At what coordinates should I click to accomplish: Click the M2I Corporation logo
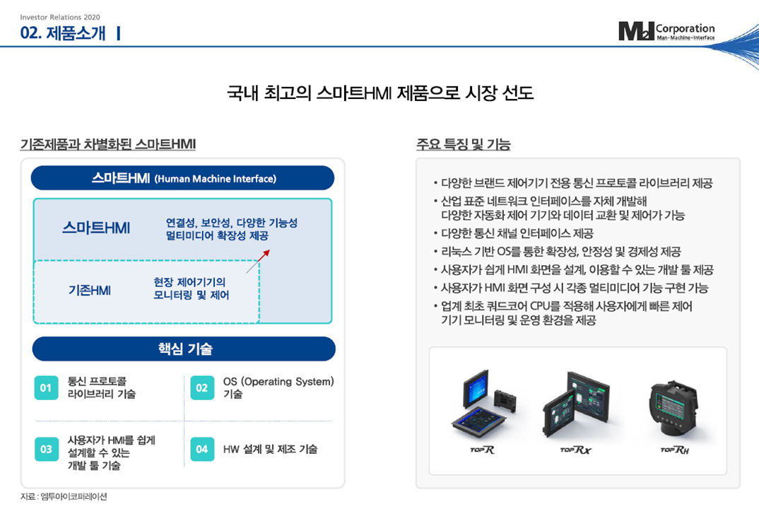(x=666, y=31)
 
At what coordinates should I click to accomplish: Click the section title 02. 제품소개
(x=63, y=33)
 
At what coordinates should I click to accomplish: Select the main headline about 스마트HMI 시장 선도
(x=379, y=93)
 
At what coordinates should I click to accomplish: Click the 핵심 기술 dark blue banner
(x=184, y=349)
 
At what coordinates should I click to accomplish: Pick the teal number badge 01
(x=46, y=388)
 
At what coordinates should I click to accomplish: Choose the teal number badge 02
(x=202, y=388)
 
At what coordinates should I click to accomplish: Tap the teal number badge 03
(x=46, y=449)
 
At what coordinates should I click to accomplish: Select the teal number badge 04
(x=202, y=449)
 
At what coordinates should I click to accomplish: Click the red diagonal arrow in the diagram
(x=258, y=260)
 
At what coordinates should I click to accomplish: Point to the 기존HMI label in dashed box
(x=90, y=290)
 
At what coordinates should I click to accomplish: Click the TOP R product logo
(x=482, y=450)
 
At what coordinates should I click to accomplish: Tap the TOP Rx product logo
(x=575, y=450)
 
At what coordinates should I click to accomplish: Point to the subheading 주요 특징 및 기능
(x=464, y=145)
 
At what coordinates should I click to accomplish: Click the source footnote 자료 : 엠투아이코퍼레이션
(x=64, y=496)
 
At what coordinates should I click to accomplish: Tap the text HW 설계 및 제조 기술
(x=270, y=449)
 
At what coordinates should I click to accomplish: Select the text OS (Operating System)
(x=278, y=382)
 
